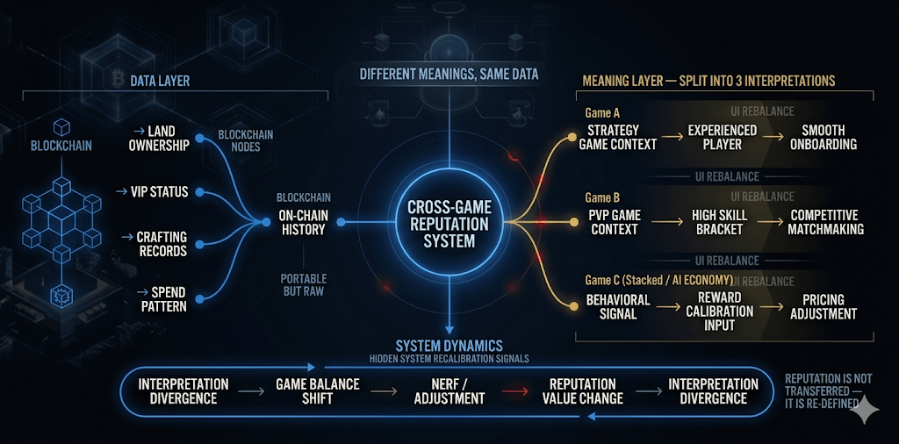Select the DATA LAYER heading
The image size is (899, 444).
pyautogui.click(x=160, y=82)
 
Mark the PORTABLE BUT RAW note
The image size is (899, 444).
pyautogui.click(x=304, y=285)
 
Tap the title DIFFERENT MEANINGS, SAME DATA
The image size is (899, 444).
pyautogui.click(x=449, y=74)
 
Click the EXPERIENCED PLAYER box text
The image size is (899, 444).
pyautogui.click(x=722, y=137)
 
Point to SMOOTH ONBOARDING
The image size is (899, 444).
pyautogui.click(x=823, y=137)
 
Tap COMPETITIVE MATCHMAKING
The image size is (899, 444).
pyautogui.click(x=825, y=222)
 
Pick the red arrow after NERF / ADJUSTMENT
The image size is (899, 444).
pyautogui.click(x=519, y=391)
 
